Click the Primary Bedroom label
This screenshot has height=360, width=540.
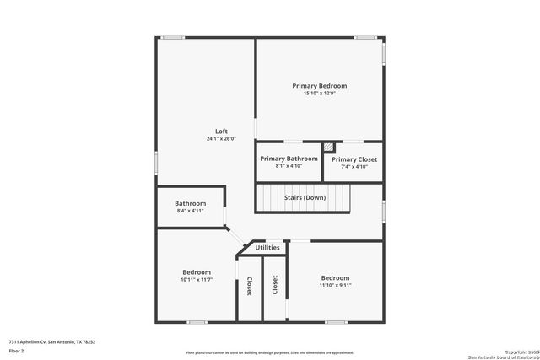coord(319,86)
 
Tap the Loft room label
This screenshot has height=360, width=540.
coord(221,132)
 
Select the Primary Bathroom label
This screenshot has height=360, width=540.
coord(289,159)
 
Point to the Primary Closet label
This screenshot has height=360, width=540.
coord(354,159)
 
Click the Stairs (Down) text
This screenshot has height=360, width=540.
coord(305,197)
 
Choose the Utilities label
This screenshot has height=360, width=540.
coord(267,248)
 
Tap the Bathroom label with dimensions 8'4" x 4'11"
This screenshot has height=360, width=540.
coord(190,203)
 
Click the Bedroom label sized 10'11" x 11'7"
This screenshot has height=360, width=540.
coord(197,272)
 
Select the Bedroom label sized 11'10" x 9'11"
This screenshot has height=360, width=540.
coord(335,278)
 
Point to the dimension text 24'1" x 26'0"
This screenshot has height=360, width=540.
coord(221,139)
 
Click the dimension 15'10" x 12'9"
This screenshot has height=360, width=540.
coord(319,94)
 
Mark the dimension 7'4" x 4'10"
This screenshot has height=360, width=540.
coord(354,167)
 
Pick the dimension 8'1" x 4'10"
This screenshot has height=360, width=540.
coord(289,166)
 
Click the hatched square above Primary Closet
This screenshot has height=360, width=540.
coord(329,147)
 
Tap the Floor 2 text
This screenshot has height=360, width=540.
coord(17,349)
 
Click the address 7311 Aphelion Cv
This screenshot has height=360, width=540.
coord(51,341)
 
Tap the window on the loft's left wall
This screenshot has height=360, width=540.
coord(156,160)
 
